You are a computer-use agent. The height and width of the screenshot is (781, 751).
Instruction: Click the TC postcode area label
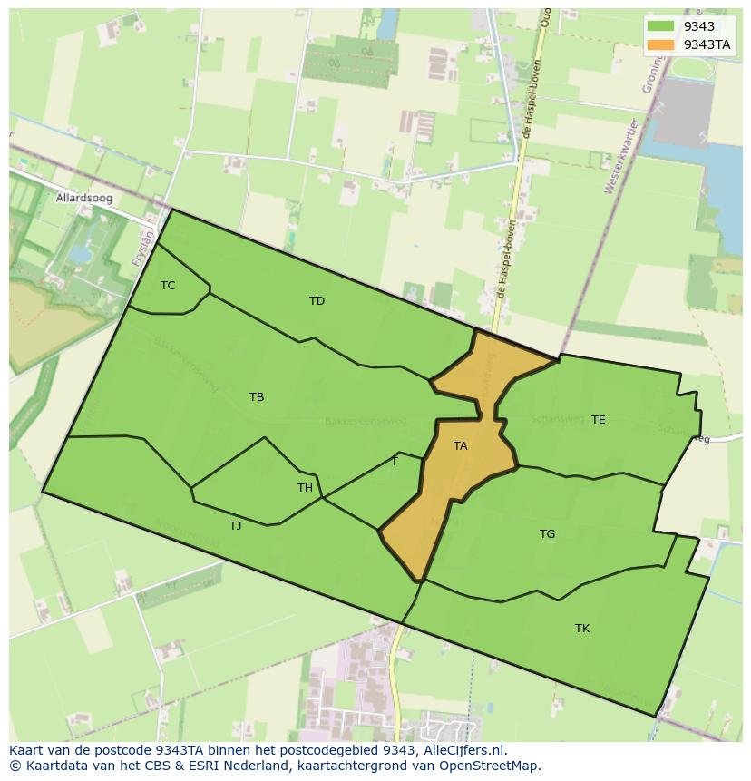(168, 286)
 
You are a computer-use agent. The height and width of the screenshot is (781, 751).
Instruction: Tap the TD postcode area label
(317, 301)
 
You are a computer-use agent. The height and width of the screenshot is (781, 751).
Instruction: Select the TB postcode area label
(257, 397)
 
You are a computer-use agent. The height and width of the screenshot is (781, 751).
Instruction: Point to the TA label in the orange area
(460, 446)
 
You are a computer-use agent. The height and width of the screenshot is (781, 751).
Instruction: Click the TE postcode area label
(598, 420)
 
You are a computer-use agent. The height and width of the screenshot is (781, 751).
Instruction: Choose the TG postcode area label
(547, 534)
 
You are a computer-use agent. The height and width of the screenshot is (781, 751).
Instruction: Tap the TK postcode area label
(582, 629)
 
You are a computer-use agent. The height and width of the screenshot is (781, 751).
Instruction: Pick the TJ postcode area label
(235, 526)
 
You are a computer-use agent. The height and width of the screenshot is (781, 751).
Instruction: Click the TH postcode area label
(305, 488)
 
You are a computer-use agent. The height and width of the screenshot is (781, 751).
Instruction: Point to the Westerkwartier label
(623, 156)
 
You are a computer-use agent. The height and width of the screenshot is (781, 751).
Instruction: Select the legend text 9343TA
(707, 44)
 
